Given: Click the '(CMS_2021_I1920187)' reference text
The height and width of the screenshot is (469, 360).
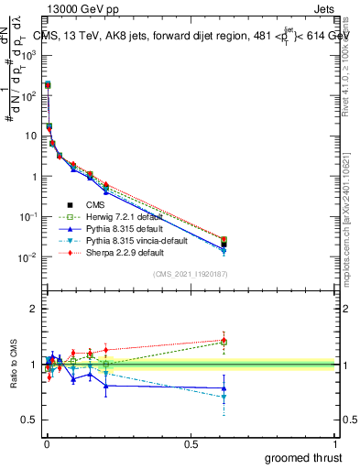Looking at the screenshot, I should point(191,274).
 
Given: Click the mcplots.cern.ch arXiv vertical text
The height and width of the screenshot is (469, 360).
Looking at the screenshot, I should point(348,211).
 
